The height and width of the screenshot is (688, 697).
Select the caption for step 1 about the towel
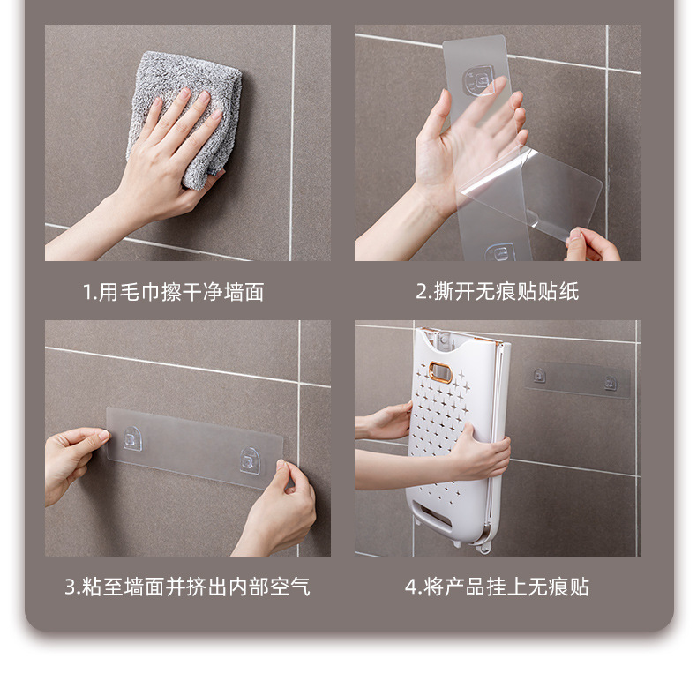click(173, 292)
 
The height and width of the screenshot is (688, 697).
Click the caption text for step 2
click(498, 292)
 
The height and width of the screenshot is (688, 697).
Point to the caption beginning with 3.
click(187, 587)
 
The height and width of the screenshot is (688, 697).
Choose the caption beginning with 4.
click(497, 587)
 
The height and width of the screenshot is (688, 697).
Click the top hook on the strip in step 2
click(482, 82)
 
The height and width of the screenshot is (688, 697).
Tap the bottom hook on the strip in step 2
click(499, 252)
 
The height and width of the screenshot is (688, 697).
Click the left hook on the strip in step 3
click(132, 438)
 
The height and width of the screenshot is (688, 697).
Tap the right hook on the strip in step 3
click(251, 460)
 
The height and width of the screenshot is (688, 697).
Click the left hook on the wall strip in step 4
click(539, 375)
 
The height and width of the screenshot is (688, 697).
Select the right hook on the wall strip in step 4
click(610, 382)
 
